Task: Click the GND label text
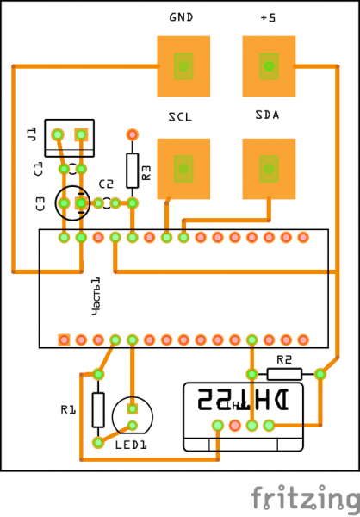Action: (x=181, y=17)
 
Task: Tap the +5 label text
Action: (x=268, y=17)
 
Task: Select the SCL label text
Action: (x=180, y=116)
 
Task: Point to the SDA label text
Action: (x=267, y=115)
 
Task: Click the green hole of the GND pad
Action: (x=183, y=66)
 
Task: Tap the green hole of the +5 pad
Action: (x=269, y=66)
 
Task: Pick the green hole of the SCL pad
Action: (x=183, y=169)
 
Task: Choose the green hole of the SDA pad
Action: (x=269, y=169)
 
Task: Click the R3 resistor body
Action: (x=132, y=171)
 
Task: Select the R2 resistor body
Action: (x=284, y=374)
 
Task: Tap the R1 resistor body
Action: (x=98, y=410)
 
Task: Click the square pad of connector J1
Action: (x=81, y=134)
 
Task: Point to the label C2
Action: (x=106, y=184)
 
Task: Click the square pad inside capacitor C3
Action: (x=81, y=203)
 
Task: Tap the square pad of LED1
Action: (x=132, y=408)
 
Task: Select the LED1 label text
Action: (x=131, y=445)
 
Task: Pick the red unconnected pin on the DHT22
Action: (x=235, y=426)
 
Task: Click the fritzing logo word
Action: (x=305, y=497)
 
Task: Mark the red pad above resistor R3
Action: (x=132, y=134)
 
